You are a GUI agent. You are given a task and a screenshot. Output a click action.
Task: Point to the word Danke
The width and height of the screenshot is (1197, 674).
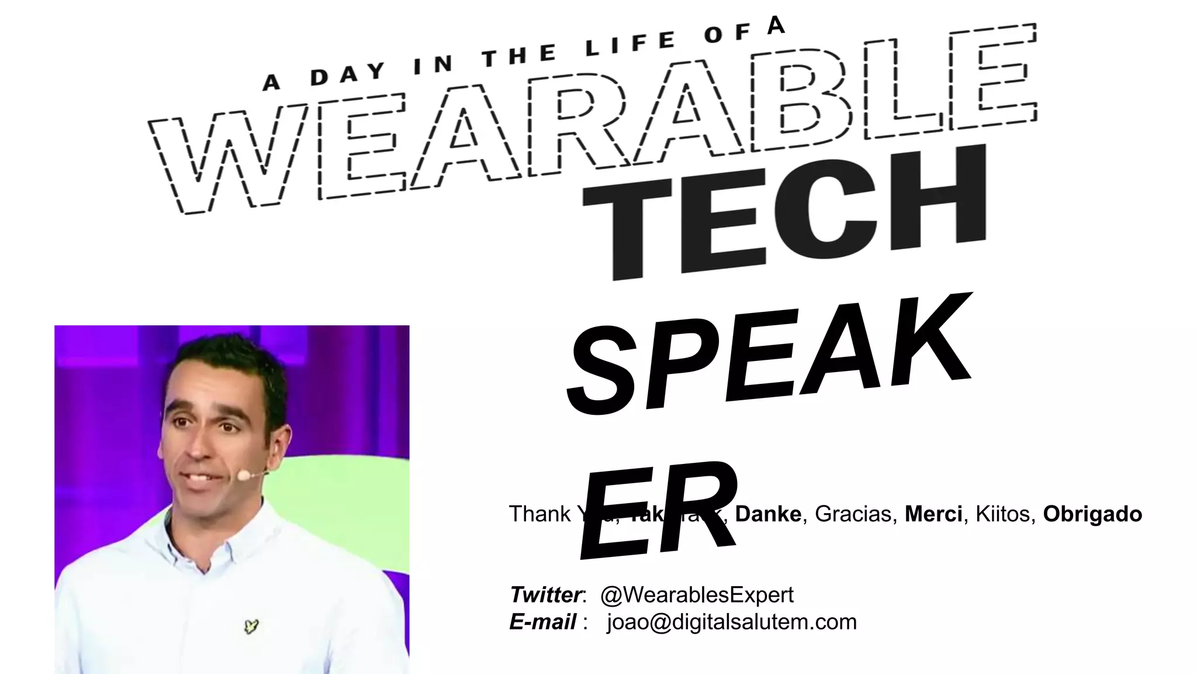tap(768, 514)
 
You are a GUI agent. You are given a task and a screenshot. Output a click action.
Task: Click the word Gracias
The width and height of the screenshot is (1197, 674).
tap(853, 514)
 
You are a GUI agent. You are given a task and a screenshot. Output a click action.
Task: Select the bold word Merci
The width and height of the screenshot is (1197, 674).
tap(933, 514)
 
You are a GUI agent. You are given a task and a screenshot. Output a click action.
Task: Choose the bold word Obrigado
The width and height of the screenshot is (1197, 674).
tap(1092, 514)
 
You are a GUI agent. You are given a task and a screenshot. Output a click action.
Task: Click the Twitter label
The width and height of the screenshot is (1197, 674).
tap(545, 595)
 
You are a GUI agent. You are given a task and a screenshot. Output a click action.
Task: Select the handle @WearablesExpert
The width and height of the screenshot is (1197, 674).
tap(697, 595)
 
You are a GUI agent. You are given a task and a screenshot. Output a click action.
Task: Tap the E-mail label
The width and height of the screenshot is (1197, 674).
tap(543, 622)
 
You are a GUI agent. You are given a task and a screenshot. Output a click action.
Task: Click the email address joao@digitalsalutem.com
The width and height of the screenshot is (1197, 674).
tap(732, 622)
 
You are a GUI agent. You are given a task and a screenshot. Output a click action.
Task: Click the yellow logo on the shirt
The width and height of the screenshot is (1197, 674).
tap(251, 627)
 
